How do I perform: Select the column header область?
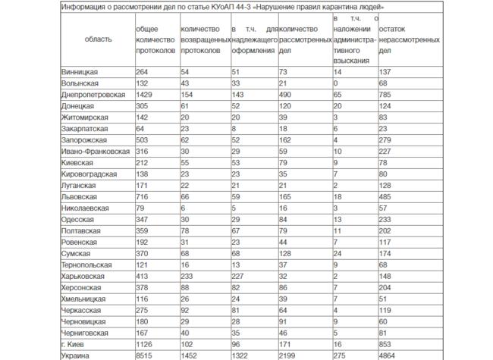pos(98,36)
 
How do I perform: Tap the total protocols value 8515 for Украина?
pos(145,355)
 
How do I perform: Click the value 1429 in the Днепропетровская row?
pos(145,95)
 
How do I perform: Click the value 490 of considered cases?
pos(287,95)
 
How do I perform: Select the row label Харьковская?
pos(85,275)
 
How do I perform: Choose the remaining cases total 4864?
pos(388,355)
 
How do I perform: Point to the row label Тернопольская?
pos(87,264)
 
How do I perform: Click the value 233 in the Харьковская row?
pos(188,275)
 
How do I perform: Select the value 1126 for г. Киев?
pos(145,343)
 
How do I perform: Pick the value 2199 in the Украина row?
pos(290,355)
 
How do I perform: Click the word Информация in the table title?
pos(88,7)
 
